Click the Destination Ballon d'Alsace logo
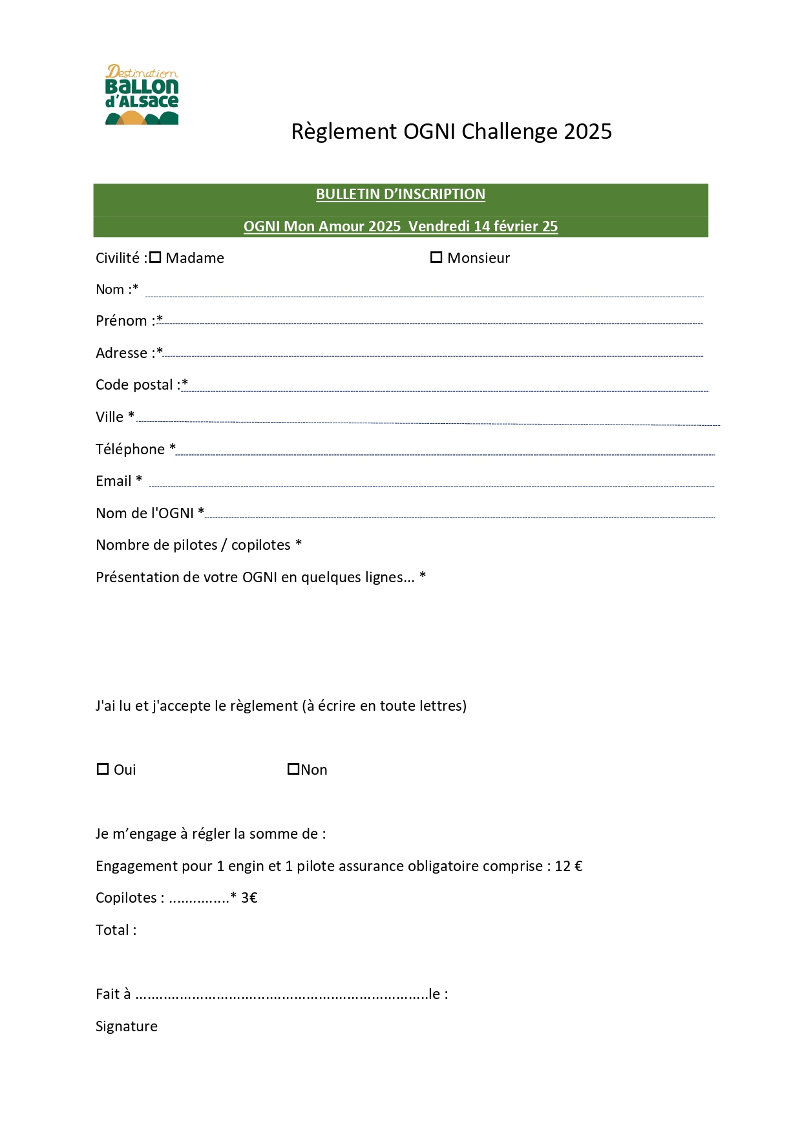(x=142, y=94)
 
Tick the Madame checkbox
(x=155, y=258)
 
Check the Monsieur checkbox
(x=436, y=258)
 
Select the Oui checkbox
(x=103, y=769)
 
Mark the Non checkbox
(x=293, y=769)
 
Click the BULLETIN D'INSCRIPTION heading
(x=400, y=194)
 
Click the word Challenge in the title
(x=509, y=132)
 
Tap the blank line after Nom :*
(x=423, y=295)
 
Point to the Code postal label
(x=134, y=385)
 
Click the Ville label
(x=109, y=417)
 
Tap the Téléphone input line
(x=445, y=453)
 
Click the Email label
(x=114, y=481)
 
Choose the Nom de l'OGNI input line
(x=459, y=516)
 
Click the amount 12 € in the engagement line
(x=568, y=866)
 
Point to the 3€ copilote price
(x=249, y=898)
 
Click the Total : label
(x=116, y=930)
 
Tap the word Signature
(x=127, y=1027)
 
